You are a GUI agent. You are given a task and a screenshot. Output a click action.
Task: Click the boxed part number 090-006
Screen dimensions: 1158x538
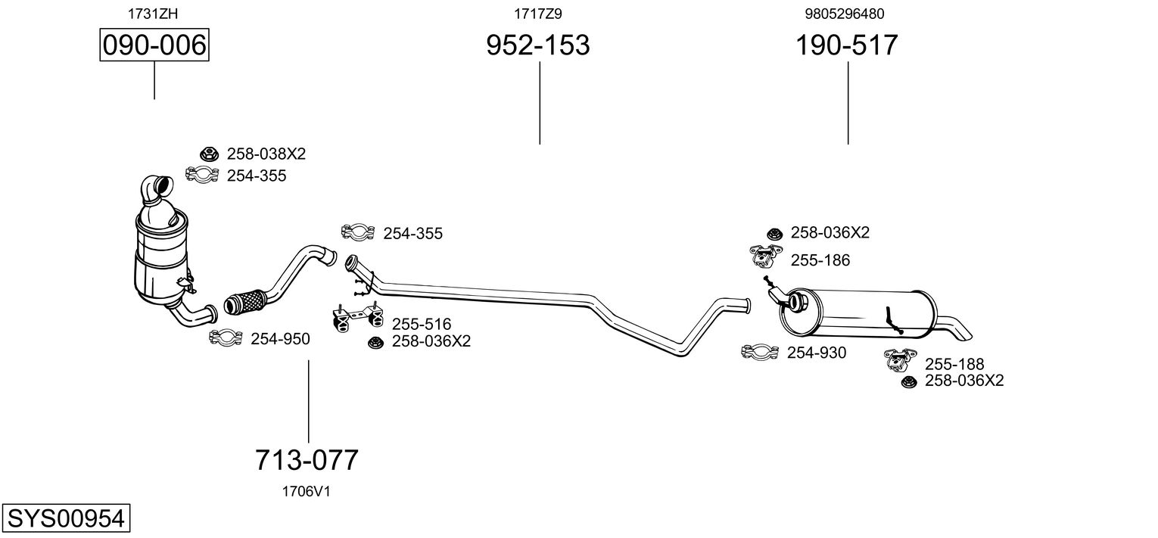point(154,45)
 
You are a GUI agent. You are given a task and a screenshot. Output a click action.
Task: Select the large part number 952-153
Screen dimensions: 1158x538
point(537,45)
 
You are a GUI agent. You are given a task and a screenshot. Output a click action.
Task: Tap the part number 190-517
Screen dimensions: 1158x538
point(846,45)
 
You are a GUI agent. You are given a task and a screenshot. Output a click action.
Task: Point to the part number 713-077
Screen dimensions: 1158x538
point(307,459)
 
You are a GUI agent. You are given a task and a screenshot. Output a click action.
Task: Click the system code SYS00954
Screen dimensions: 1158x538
point(66,518)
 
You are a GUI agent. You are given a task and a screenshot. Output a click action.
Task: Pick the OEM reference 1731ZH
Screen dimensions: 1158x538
point(153,14)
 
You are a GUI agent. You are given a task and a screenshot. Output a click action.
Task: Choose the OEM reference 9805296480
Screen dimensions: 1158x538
point(844,14)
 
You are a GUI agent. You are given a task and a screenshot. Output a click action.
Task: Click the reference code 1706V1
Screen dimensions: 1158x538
point(306,492)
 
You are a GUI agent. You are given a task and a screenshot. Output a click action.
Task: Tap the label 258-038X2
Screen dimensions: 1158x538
point(266,154)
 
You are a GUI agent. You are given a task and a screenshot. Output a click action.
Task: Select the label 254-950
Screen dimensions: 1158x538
point(280,339)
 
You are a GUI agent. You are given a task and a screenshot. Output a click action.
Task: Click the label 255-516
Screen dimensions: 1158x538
point(422,324)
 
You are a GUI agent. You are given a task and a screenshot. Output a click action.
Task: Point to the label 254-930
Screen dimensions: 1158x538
point(817,353)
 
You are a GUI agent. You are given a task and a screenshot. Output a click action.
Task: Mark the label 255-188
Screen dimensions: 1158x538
point(954,364)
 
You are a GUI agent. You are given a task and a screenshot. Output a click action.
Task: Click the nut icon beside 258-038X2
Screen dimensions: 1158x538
point(209,154)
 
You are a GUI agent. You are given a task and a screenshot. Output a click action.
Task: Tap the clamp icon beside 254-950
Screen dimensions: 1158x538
point(226,337)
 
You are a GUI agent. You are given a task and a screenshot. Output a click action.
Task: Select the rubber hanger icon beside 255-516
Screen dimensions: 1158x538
point(357,316)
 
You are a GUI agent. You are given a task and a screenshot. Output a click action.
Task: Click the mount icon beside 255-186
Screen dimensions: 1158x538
point(766,256)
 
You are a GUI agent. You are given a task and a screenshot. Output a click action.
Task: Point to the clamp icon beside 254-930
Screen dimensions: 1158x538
point(760,351)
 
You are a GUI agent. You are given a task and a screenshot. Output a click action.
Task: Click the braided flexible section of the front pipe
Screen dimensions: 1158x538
point(246,301)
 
